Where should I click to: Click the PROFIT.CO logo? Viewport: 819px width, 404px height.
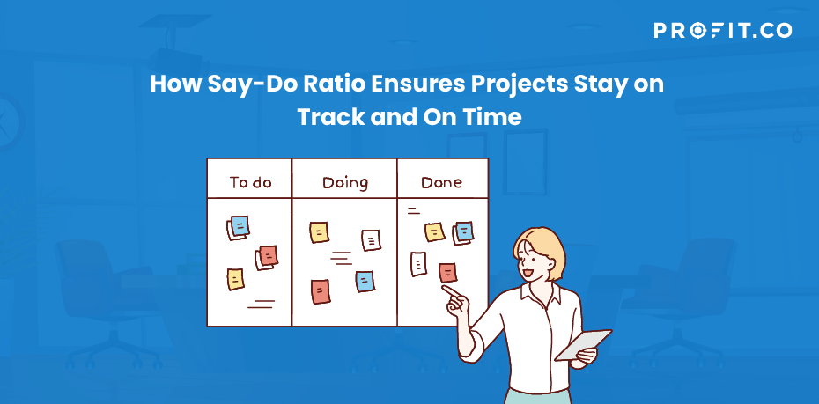(722, 30)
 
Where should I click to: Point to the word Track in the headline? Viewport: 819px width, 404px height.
(331, 117)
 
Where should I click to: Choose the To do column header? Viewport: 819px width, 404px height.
(250, 183)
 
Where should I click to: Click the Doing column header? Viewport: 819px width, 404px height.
(344, 183)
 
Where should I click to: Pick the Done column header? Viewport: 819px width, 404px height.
(441, 183)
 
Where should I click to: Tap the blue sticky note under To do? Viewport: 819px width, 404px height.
(240, 226)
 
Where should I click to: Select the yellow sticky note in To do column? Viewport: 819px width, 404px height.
(235, 279)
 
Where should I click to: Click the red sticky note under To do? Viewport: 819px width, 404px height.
(269, 256)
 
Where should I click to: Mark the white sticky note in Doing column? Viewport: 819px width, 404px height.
(371, 240)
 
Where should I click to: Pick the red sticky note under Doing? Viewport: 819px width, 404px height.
(321, 292)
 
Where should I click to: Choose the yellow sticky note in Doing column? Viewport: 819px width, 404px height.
(319, 232)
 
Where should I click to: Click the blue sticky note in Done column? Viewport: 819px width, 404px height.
(464, 231)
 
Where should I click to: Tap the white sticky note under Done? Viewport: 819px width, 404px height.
(418, 263)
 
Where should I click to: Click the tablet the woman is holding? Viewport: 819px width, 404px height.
(582, 344)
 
